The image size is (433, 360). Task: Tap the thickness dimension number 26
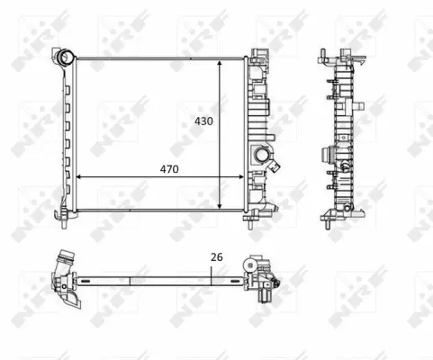click(x=215, y=257)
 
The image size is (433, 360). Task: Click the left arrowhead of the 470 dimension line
click(x=79, y=176)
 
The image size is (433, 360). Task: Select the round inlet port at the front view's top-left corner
click(x=65, y=58)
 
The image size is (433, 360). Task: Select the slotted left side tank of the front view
click(x=67, y=135)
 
